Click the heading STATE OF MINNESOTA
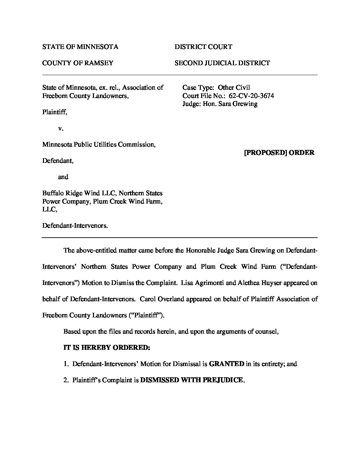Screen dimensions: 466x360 click(80, 47)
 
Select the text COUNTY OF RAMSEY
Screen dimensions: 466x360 click(78, 63)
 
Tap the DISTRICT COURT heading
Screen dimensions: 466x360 click(203, 47)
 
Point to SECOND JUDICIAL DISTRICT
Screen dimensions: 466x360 click(222, 63)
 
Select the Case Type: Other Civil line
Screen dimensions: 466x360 click(216, 88)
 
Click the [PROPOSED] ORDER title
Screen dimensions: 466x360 click(279, 153)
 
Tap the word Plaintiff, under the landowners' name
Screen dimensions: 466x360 click(55, 112)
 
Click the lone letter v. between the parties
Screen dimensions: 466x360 click(61, 128)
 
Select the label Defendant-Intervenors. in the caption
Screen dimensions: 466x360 click(75, 226)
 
